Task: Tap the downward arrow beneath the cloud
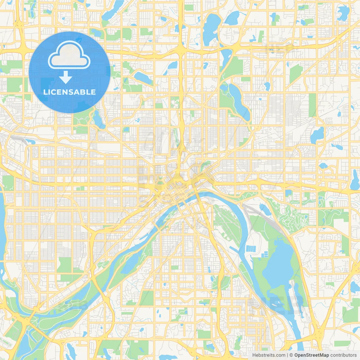(x=66, y=77)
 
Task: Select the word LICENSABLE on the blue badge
(x=69, y=92)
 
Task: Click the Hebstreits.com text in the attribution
(x=269, y=355)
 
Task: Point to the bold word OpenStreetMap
(x=311, y=355)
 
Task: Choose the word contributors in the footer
(x=343, y=355)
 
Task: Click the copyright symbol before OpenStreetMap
(x=291, y=355)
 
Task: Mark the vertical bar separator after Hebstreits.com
(x=287, y=355)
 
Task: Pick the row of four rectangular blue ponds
(x=251, y=249)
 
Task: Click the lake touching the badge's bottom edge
(x=98, y=118)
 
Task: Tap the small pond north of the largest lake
(x=264, y=209)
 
